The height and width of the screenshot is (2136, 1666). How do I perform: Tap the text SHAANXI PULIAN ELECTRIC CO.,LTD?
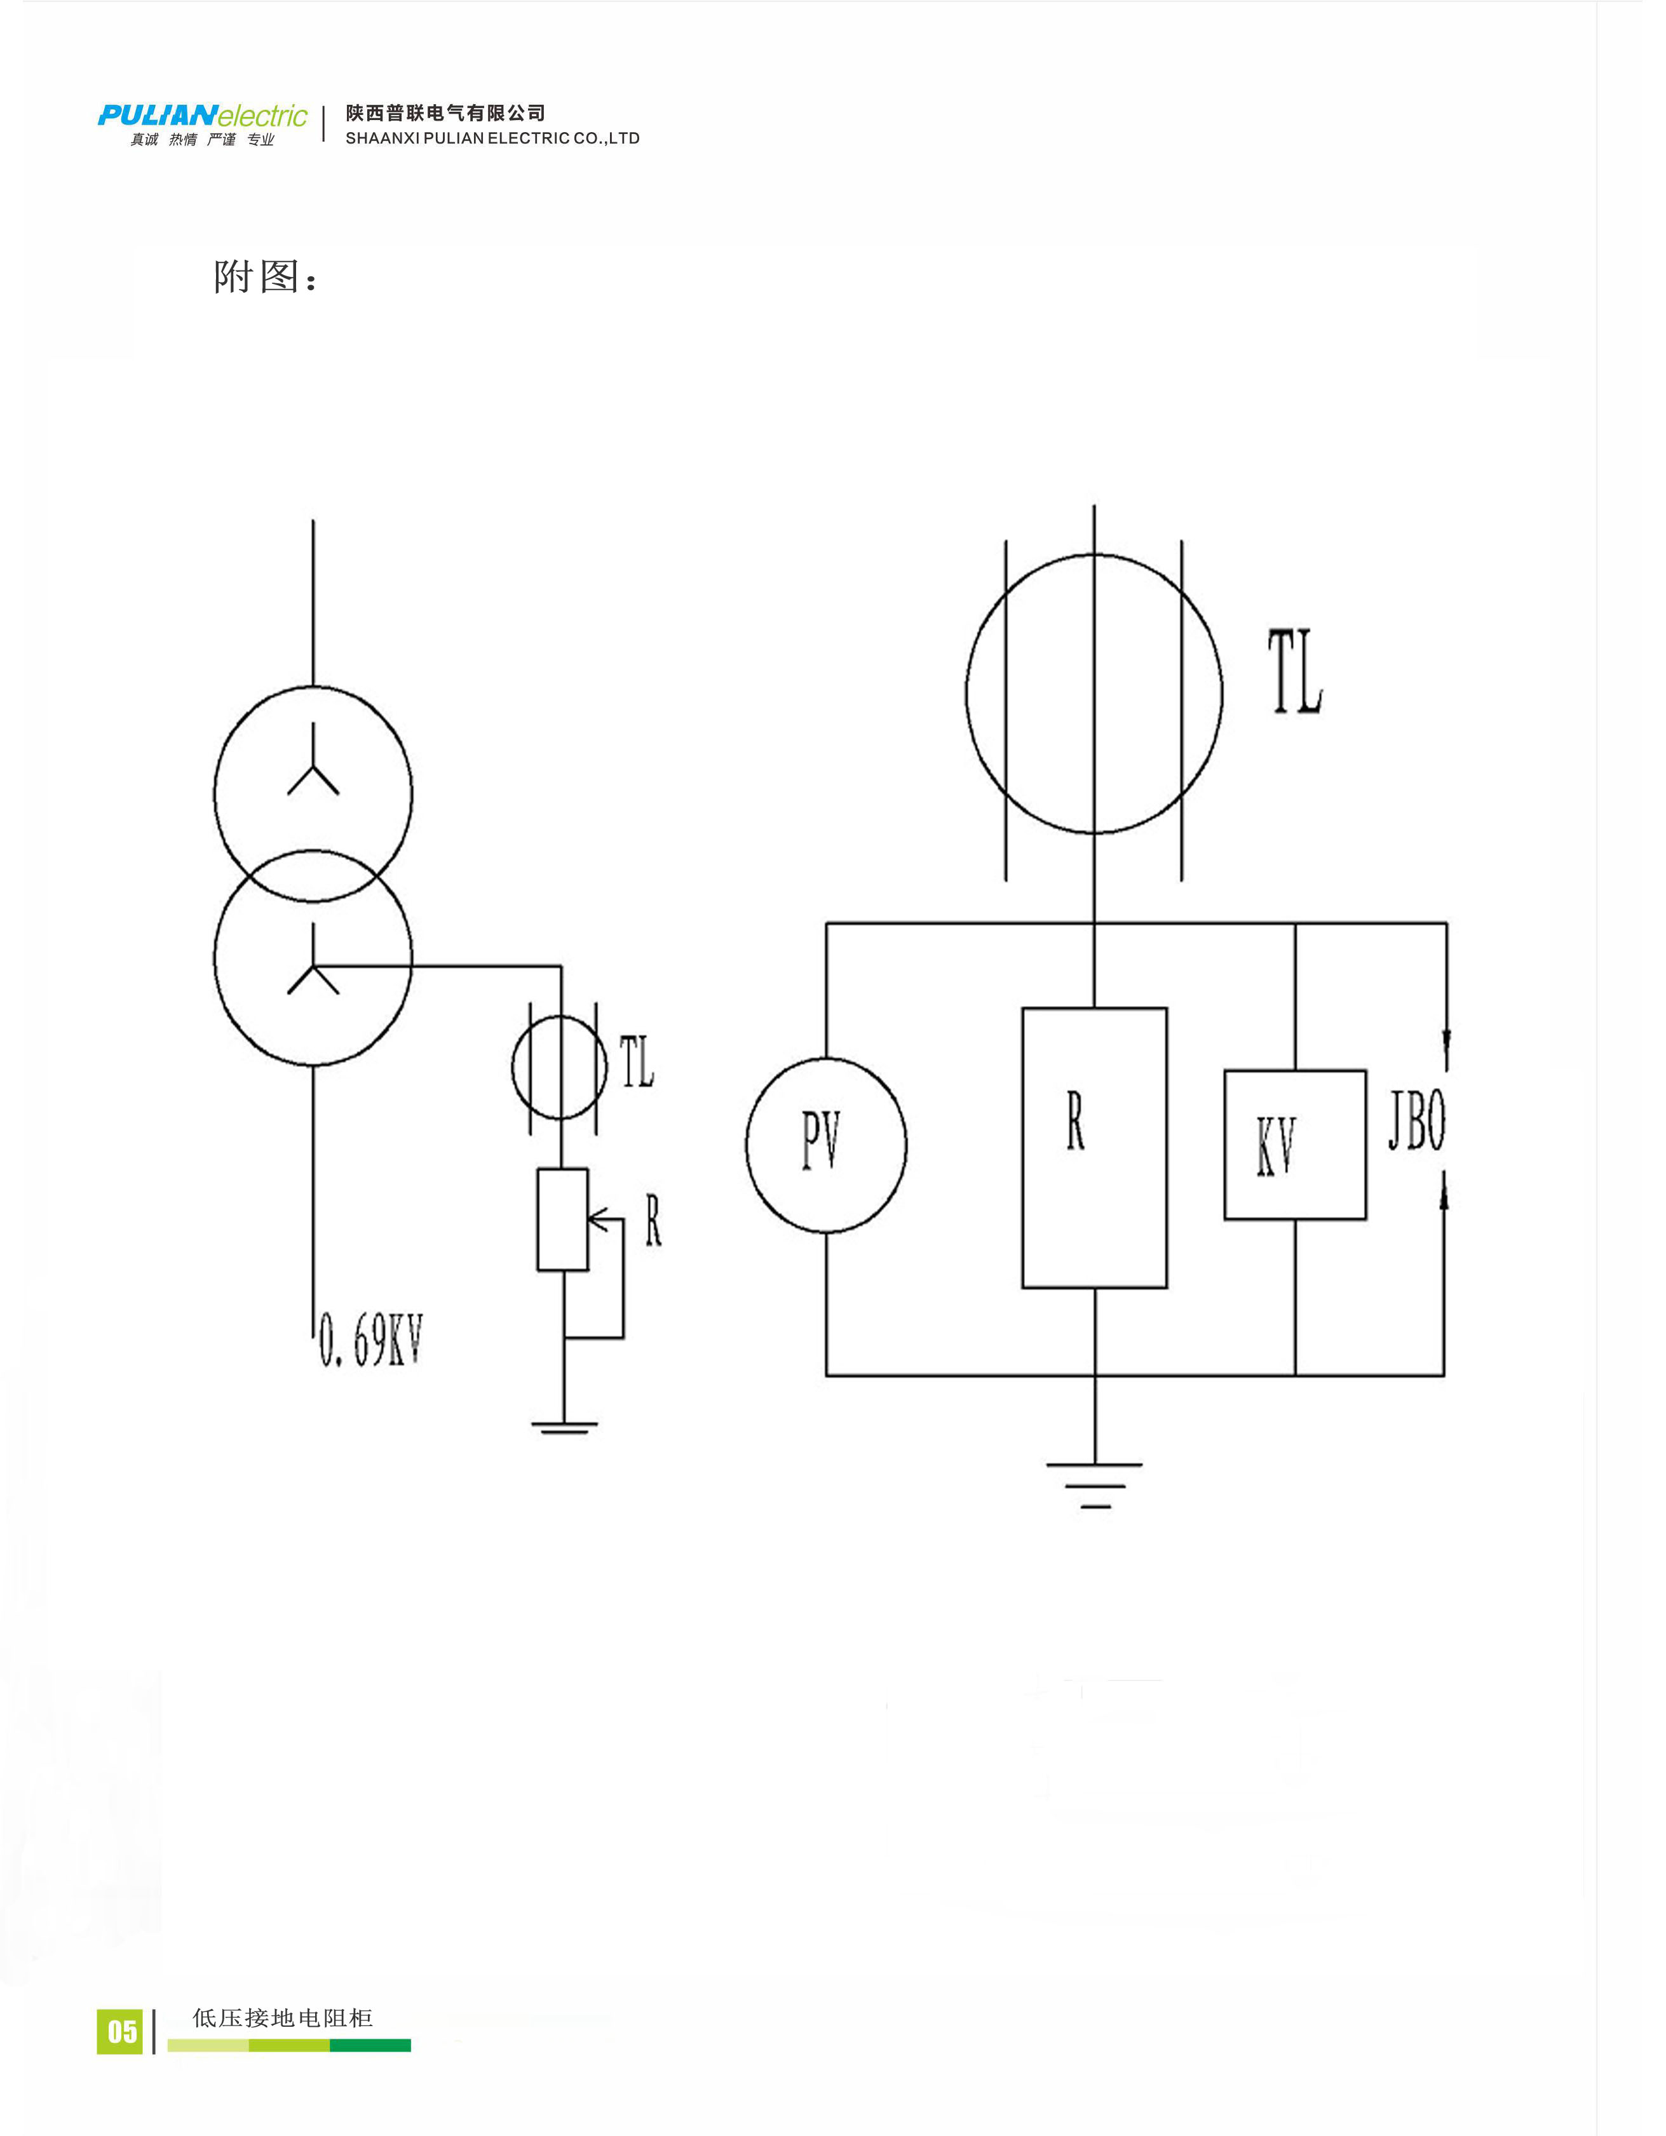[x=492, y=139]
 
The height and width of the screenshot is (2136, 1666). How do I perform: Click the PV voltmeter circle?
[x=825, y=1145]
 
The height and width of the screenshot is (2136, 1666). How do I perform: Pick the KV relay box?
[x=1294, y=1145]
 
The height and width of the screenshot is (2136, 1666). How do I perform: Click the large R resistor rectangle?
[x=1094, y=1147]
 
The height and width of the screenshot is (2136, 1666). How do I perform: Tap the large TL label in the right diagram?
[x=1295, y=672]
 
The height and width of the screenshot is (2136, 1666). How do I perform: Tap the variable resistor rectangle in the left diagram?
[x=562, y=1219]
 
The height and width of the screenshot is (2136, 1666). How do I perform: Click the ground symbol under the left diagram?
[x=564, y=1428]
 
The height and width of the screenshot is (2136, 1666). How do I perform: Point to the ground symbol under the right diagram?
[x=1094, y=1484]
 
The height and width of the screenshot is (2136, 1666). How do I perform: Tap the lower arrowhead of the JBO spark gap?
[x=1445, y=1195]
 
